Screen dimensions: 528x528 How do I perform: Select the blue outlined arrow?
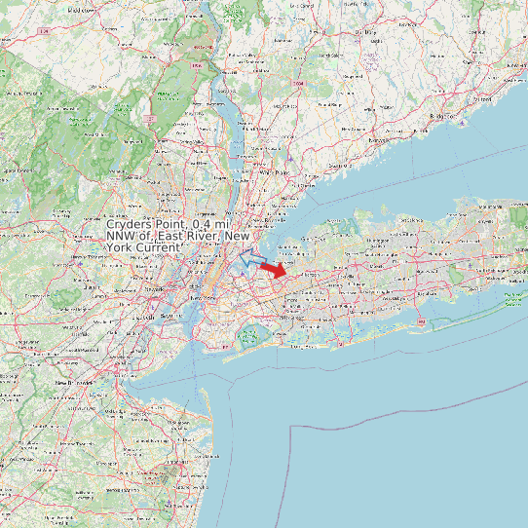pyautogui.click(x=250, y=257)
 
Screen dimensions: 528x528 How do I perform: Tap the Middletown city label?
pyautogui.click(x=81, y=9)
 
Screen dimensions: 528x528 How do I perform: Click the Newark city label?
pyautogui.click(x=154, y=290)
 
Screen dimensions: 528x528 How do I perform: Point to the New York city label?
pyautogui.click(x=202, y=297)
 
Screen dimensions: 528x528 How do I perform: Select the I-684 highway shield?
pyautogui.click(x=297, y=84)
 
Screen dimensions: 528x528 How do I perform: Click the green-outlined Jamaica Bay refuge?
pyautogui.click(x=249, y=336)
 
